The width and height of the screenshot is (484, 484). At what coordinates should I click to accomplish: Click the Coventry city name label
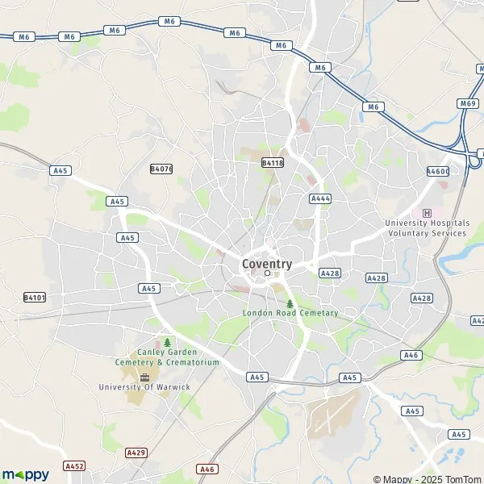tap(267, 263)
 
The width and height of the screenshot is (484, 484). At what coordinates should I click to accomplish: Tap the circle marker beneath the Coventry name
tap(268, 273)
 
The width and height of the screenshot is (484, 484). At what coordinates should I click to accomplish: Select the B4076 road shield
tap(161, 169)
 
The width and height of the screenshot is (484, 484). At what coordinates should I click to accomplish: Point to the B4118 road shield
tap(273, 163)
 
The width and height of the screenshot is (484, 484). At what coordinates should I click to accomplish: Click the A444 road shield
tap(320, 198)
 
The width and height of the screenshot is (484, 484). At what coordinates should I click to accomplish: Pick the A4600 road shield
tap(437, 171)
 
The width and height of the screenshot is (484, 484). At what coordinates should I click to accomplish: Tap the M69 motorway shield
tap(469, 103)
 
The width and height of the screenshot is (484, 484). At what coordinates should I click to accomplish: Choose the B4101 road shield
tap(35, 297)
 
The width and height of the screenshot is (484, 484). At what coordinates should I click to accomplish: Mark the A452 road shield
tap(74, 465)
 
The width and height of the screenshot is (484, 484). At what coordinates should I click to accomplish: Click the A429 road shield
tap(136, 453)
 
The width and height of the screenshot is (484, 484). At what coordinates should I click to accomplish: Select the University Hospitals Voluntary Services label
tap(427, 227)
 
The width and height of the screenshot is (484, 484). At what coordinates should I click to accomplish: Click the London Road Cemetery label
tap(290, 313)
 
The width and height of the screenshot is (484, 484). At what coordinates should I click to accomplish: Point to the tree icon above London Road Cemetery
tap(290, 303)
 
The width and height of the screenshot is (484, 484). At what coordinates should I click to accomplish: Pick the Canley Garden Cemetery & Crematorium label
tap(168, 357)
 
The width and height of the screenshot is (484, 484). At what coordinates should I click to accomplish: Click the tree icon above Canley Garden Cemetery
tap(168, 342)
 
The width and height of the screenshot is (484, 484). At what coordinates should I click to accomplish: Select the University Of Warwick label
tap(144, 387)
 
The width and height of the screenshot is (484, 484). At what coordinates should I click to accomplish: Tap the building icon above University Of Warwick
tap(145, 377)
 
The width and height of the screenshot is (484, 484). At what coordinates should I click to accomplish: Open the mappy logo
tap(26, 474)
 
